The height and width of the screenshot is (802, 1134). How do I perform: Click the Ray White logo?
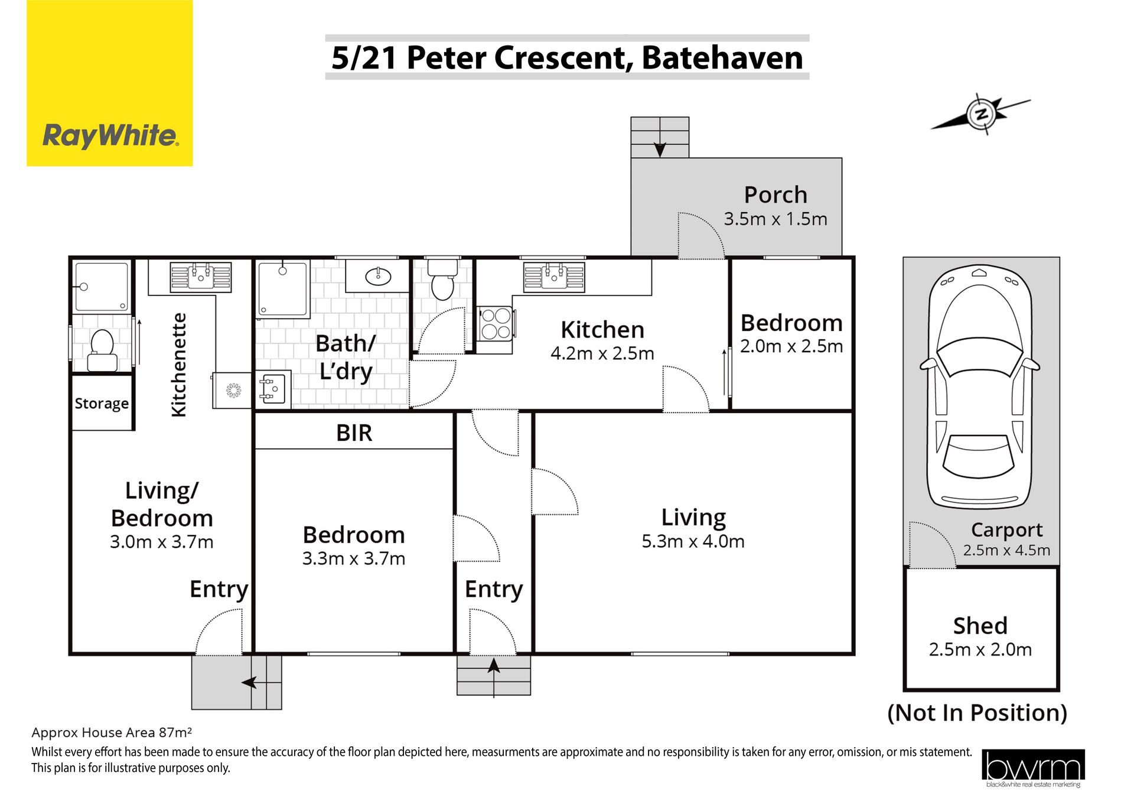(x=110, y=83)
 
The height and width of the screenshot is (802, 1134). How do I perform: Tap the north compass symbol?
(x=981, y=114)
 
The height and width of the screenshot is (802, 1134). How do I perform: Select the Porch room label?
(x=775, y=194)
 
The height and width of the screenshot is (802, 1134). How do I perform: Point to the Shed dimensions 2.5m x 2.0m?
(x=980, y=650)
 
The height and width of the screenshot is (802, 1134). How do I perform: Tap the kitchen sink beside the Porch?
(x=554, y=276)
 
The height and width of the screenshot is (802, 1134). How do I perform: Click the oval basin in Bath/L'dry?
(x=378, y=275)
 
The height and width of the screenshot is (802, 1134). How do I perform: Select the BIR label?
(x=354, y=433)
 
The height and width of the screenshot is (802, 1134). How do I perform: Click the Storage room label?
(x=102, y=404)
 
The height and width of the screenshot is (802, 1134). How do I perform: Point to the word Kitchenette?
(x=178, y=365)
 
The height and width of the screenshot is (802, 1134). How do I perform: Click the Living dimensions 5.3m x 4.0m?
(x=693, y=541)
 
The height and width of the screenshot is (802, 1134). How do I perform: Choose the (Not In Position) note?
(x=977, y=713)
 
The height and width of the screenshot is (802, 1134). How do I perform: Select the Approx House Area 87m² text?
(x=112, y=733)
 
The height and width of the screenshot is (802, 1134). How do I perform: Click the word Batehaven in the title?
(x=722, y=58)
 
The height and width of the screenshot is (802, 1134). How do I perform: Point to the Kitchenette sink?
(x=201, y=277)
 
